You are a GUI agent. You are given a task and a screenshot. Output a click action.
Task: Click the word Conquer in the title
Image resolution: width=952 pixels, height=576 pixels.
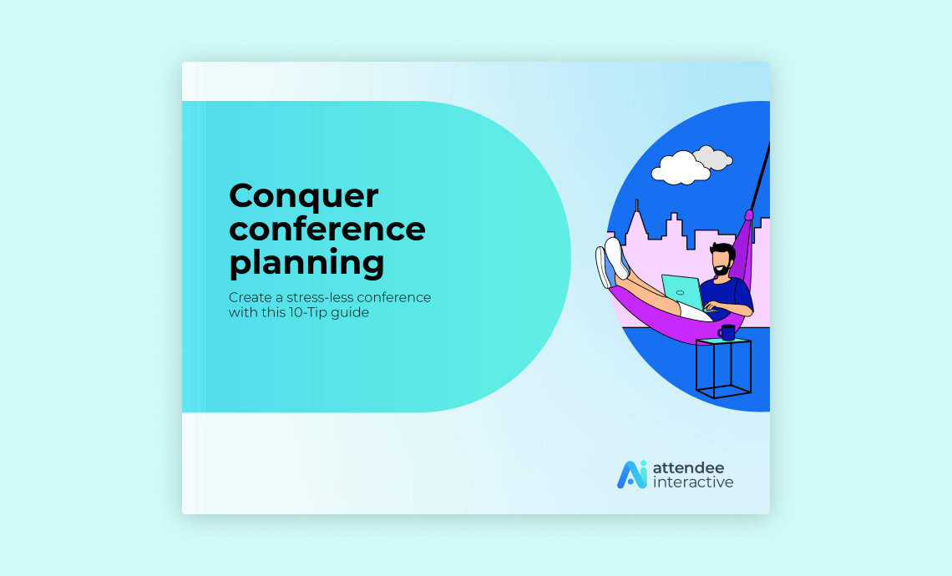[303, 197]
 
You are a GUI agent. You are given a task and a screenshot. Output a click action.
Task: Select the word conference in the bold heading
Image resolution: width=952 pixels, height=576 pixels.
[327, 229]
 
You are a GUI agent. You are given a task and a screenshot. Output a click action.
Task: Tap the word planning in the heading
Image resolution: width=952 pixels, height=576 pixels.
[306, 262]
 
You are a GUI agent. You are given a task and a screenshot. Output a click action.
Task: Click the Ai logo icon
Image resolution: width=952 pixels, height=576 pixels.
[631, 474]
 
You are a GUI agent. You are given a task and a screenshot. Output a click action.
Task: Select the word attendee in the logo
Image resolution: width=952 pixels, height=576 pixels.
[688, 467]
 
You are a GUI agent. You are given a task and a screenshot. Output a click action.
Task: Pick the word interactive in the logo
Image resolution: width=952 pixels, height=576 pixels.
[693, 483]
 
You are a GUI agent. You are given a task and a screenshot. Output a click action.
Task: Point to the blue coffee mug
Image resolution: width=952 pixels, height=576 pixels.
[727, 332]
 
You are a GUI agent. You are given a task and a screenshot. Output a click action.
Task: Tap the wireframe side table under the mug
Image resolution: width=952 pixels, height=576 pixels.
[723, 369]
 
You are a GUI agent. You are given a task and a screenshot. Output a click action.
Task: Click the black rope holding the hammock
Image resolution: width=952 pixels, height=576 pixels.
[759, 179]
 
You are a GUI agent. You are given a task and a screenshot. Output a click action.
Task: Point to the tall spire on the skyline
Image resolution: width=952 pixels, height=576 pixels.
[636, 215]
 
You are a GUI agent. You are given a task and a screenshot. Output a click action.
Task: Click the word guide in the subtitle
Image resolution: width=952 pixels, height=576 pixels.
[352, 313]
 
